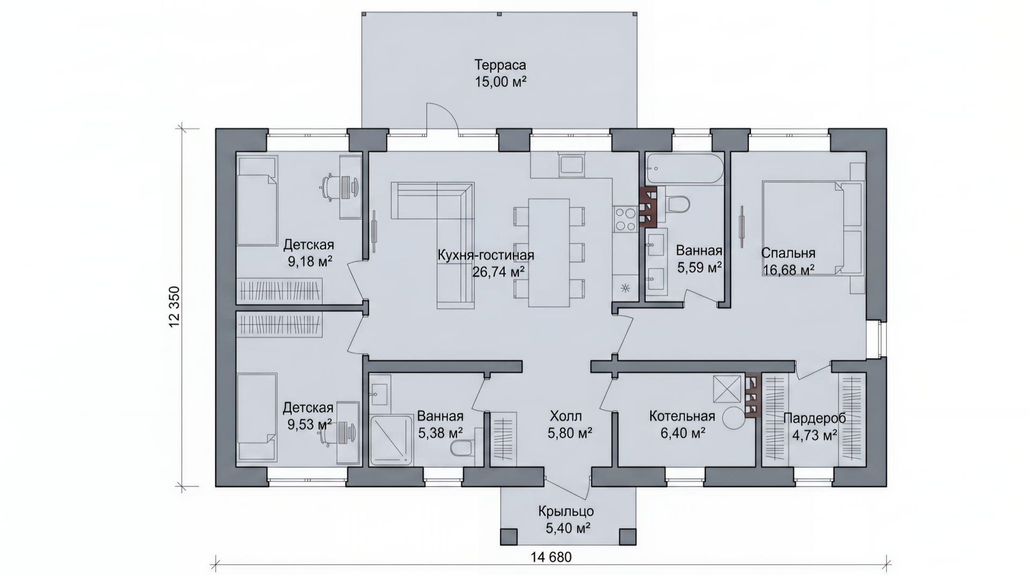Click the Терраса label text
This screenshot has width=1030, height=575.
[500, 65]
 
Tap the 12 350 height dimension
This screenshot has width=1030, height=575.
[175, 307]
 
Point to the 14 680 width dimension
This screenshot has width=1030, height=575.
[551, 557]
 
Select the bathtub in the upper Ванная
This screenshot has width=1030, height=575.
[685, 170]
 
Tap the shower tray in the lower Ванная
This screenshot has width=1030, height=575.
[392, 440]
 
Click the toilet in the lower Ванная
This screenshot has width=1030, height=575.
[464, 448]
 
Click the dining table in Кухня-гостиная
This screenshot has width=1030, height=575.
[549, 252]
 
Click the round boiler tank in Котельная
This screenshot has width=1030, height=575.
[733, 418]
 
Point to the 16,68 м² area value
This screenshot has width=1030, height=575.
[789, 270]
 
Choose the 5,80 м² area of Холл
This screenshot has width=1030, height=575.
[570, 433]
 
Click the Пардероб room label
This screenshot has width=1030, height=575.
[814, 419]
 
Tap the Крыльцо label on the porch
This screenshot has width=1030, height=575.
[566, 512]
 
